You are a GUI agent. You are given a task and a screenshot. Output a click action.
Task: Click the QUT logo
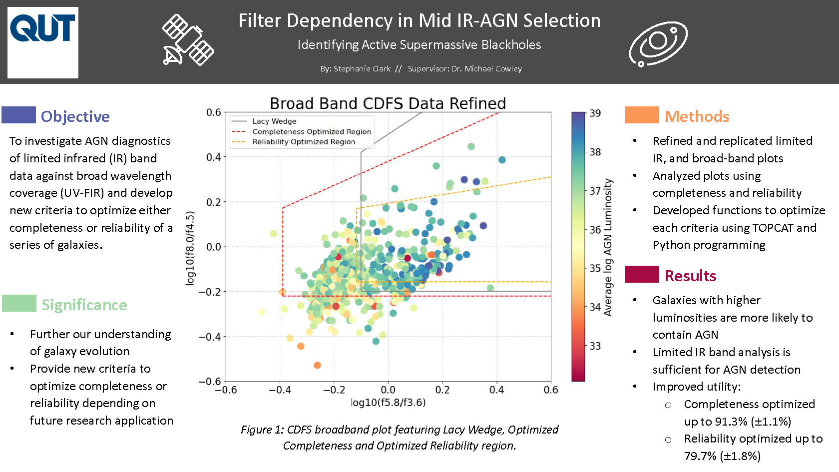tap(43, 42)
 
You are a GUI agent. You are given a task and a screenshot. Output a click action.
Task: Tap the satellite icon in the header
tap(188, 40)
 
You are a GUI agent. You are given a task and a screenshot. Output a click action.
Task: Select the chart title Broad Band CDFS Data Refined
tap(388, 103)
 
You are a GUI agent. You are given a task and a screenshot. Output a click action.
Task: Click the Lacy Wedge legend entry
tap(274, 121)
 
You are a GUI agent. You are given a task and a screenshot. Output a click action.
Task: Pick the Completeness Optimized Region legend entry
tap(311, 132)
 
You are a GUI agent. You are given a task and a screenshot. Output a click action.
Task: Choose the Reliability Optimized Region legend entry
tap(304, 142)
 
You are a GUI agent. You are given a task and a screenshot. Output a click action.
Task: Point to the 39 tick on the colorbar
tap(595, 113)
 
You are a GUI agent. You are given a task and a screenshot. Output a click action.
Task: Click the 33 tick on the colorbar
tap(595, 346)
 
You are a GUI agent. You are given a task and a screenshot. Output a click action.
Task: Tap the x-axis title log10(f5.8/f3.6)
tap(388, 403)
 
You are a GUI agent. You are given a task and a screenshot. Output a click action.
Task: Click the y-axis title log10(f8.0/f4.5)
tap(190, 248)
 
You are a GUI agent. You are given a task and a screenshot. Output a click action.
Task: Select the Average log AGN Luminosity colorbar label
tap(608, 247)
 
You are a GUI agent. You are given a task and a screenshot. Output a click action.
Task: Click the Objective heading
tap(75, 116)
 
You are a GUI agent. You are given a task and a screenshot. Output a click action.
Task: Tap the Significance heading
tap(84, 305)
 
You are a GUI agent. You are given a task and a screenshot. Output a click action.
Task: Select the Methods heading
tap(697, 116)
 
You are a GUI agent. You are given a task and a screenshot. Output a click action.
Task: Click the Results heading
tap(690, 276)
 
